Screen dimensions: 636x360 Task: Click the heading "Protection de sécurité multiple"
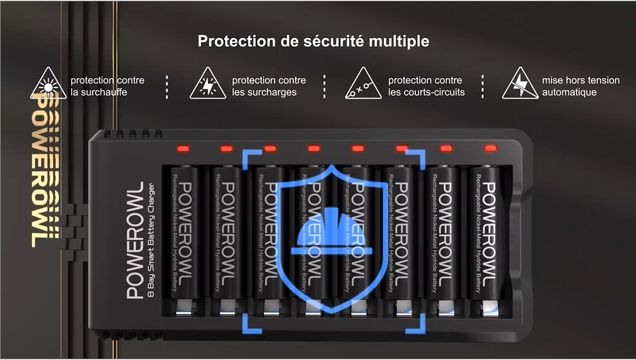313,41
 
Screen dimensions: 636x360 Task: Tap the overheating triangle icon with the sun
48,84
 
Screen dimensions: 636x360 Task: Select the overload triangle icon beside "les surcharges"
208,84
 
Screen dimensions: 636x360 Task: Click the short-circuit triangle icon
363,84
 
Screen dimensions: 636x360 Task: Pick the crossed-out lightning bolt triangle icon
520,84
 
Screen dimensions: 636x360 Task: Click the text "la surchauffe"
99,92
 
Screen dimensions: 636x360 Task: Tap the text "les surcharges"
264,92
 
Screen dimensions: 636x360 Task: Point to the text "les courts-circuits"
427,92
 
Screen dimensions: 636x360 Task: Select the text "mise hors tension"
581,80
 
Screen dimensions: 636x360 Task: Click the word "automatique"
569,92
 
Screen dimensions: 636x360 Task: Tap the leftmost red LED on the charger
183,149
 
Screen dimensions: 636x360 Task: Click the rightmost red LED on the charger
490,148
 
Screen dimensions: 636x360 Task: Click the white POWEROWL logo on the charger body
135,240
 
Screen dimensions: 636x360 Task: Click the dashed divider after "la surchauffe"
167,86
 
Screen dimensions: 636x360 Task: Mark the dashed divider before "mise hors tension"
482,86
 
